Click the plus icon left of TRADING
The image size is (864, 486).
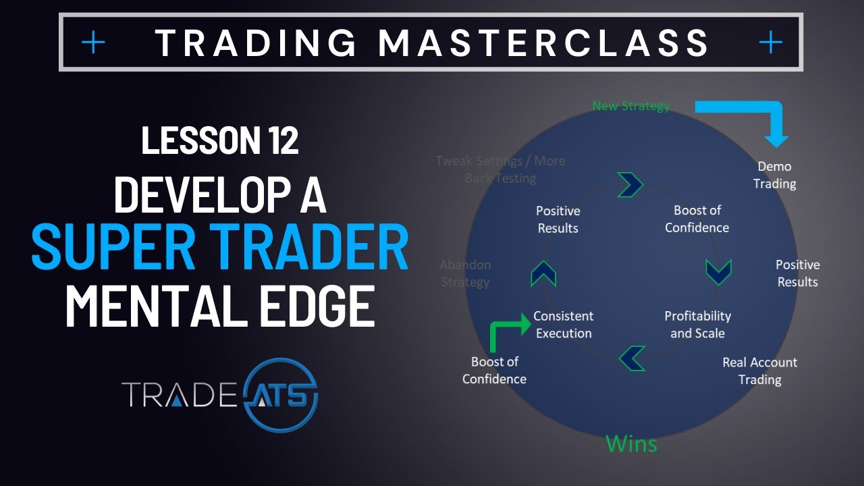[x=93, y=43]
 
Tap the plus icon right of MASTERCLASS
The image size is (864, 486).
[x=770, y=43]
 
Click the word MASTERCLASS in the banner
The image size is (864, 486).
[x=544, y=43]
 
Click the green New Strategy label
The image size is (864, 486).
[x=631, y=106]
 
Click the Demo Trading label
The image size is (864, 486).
[x=774, y=175]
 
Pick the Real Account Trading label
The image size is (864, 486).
[x=759, y=371]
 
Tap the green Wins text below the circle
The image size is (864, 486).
[x=631, y=443]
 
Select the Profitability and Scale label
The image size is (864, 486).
[x=697, y=325]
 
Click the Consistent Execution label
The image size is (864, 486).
[x=563, y=325]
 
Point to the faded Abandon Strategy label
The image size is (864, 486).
[x=465, y=273]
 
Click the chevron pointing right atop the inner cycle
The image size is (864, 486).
[x=630, y=184]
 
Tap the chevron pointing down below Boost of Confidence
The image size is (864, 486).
[x=718, y=271]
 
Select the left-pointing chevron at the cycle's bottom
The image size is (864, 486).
[x=632, y=358]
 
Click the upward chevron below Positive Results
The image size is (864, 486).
[x=543, y=273]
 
